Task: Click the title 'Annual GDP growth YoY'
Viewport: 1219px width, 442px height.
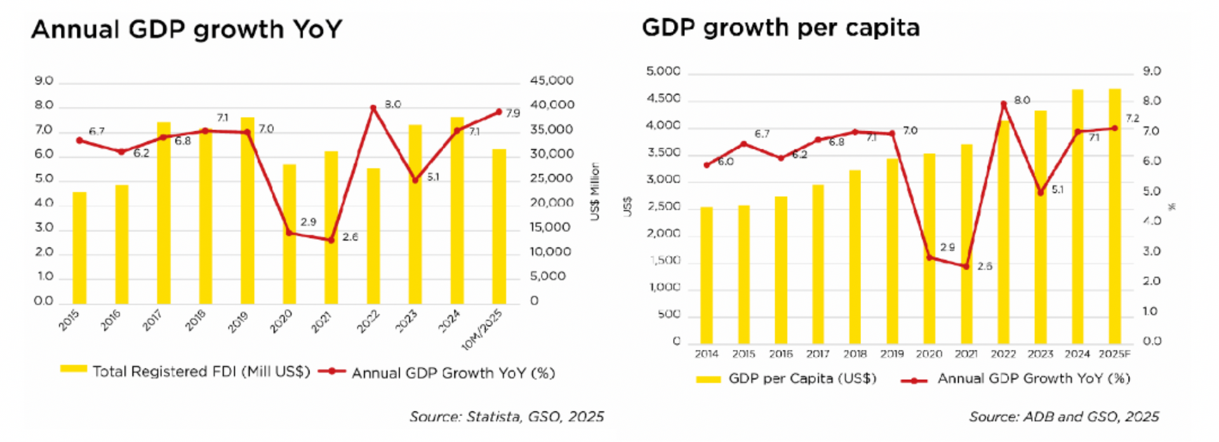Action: (x=187, y=29)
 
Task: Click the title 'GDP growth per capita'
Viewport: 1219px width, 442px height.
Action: (x=780, y=28)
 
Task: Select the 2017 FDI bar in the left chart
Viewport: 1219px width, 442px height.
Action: (x=164, y=213)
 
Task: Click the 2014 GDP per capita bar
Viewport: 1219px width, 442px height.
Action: (x=707, y=275)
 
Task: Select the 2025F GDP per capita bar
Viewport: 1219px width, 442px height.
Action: (x=1115, y=216)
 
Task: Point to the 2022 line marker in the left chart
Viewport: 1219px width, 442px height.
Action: (x=373, y=108)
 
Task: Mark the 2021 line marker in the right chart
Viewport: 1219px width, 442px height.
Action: (x=966, y=267)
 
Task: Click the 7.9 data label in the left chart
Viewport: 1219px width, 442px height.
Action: (x=513, y=114)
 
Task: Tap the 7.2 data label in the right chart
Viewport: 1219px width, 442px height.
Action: (x=1132, y=118)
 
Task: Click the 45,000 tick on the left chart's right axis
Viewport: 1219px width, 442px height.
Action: (x=551, y=81)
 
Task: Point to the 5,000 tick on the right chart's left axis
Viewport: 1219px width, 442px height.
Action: (x=663, y=71)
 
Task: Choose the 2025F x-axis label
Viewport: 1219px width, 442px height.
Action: (x=1115, y=354)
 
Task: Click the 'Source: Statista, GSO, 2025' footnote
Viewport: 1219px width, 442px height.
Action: (x=506, y=417)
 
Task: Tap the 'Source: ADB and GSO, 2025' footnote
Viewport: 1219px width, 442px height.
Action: (x=1063, y=417)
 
